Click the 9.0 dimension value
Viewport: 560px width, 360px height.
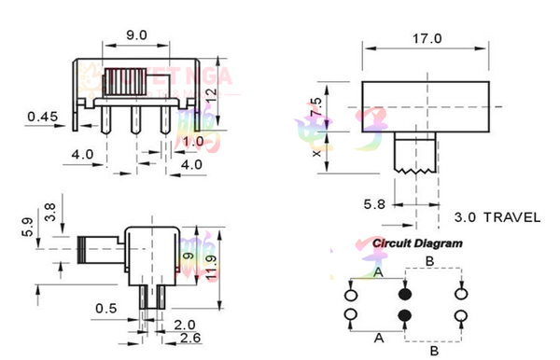click(x=136, y=35)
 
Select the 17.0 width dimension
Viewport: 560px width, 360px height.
click(x=426, y=38)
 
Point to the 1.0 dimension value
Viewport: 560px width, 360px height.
click(x=193, y=141)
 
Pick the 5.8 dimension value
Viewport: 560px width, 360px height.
click(x=372, y=202)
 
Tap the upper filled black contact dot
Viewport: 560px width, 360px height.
click(x=405, y=289)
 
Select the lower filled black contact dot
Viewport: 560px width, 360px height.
click(x=405, y=316)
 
